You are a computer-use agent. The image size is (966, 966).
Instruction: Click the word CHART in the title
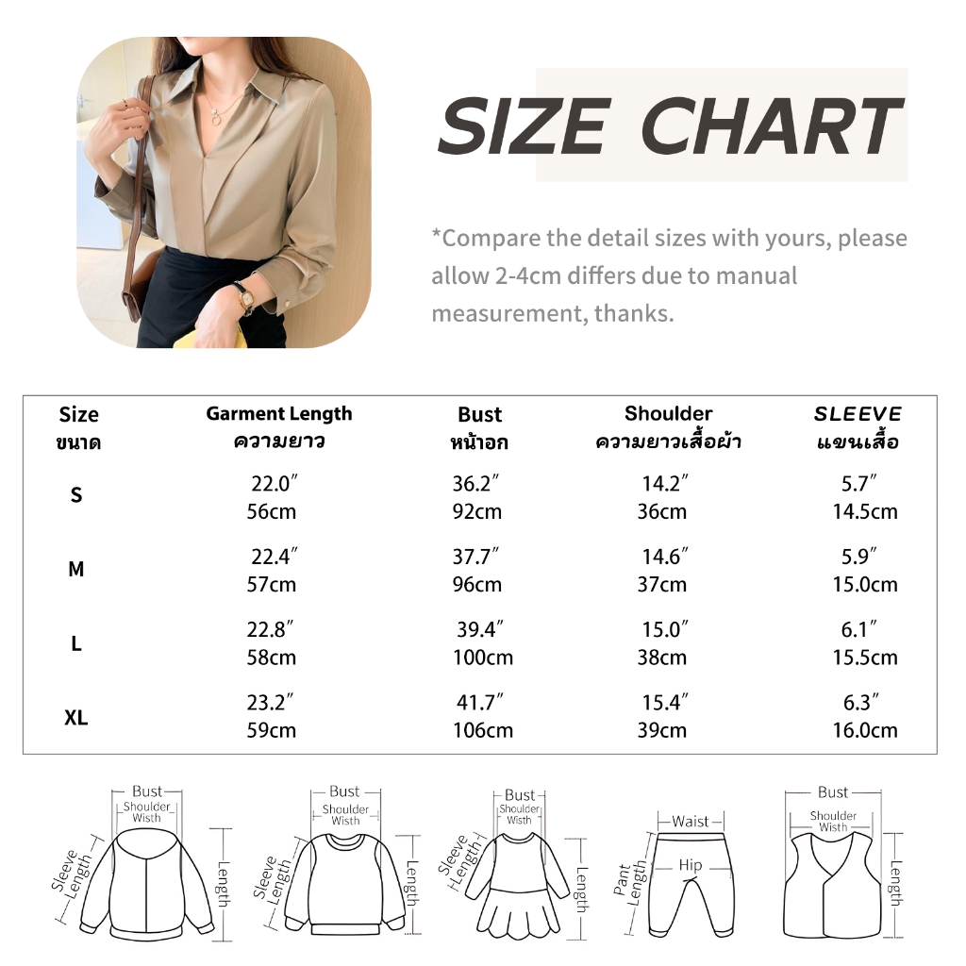(772, 126)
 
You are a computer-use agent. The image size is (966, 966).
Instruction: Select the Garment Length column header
(279, 414)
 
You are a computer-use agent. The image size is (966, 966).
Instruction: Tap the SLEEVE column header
(858, 413)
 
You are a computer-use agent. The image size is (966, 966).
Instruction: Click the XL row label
(75, 717)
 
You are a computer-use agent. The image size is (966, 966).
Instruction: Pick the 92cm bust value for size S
(476, 511)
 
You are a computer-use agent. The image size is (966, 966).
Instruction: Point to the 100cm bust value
(483, 658)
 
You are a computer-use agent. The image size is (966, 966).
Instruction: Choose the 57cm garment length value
(271, 584)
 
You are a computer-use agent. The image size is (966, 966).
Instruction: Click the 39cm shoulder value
(661, 730)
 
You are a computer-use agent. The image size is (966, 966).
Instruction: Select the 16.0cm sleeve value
(865, 730)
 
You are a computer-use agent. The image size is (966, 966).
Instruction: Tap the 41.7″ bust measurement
(480, 702)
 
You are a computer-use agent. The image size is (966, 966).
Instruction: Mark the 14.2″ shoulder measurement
(665, 484)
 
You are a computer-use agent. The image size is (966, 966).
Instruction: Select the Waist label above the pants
(690, 822)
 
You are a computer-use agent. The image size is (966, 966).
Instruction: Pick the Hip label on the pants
(690, 865)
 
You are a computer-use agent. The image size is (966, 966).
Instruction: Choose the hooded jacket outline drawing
(146, 885)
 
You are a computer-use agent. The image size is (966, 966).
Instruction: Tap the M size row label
(75, 569)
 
